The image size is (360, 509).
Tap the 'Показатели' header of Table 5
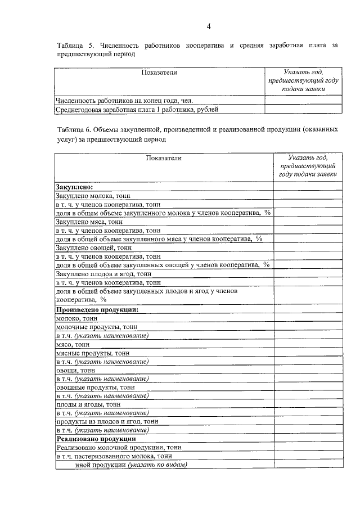(159, 73)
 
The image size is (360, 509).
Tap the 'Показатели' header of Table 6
(164, 158)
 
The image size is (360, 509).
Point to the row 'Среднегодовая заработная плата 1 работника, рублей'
(137, 110)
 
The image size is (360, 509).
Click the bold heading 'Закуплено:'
(74, 186)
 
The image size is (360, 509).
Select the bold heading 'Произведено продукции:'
(97, 309)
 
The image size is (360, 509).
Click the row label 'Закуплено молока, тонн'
(93, 195)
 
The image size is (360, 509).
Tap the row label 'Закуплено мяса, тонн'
(90, 222)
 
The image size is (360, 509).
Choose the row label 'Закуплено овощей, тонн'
(93, 247)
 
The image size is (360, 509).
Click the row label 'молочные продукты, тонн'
(96, 327)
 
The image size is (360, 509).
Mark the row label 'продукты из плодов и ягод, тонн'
(107, 421)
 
